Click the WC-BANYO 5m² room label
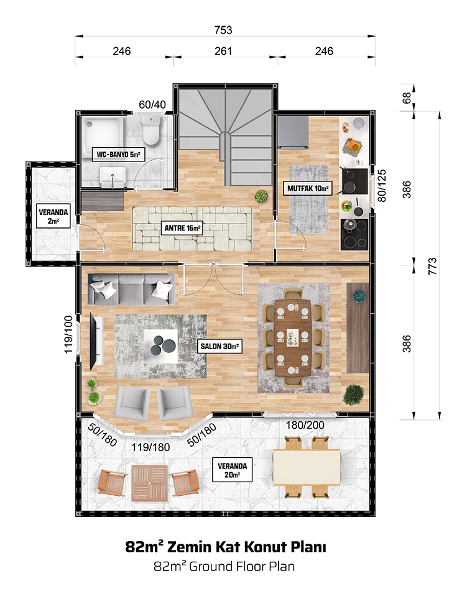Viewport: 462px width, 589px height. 118,154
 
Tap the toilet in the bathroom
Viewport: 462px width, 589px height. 151,130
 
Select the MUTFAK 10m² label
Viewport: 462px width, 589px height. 308,188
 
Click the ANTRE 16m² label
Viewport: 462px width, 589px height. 182,228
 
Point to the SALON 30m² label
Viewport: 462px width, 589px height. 219,346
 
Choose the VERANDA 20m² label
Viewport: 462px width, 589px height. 233,470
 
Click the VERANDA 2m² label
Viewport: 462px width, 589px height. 53,216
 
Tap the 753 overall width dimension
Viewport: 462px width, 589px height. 223,30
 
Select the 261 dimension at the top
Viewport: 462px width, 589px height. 223,51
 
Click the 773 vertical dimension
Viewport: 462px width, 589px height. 432,266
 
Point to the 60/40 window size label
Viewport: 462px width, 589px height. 152,104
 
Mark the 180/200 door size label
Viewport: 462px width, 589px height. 305,425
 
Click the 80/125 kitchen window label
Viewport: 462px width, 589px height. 382,186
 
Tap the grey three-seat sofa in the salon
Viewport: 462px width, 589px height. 132,289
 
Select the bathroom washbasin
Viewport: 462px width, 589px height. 113,177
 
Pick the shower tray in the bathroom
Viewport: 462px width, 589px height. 103,134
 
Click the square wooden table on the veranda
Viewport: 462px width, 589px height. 150,483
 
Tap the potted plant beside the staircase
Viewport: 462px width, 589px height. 261,196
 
